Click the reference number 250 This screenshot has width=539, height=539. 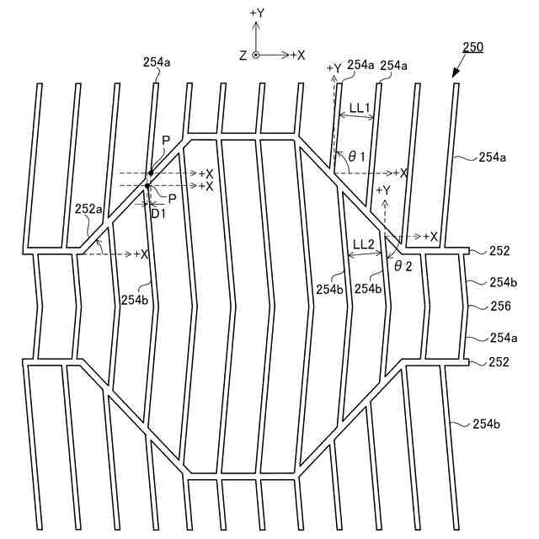point(472,48)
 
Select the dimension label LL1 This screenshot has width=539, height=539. point(360,108)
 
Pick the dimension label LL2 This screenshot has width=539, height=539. point(364,244)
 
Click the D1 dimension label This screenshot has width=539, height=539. point(157,213)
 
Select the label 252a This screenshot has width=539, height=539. point(88,208)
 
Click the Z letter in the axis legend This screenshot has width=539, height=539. point(243,55)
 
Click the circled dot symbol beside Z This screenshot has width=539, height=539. point(256,55)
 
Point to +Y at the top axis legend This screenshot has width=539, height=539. point(258,14)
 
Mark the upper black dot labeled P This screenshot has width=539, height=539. point(150,173)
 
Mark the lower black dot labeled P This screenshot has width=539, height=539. point(147,185)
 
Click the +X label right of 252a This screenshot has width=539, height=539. point(141,253)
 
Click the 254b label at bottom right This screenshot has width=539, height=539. point(487,424)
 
